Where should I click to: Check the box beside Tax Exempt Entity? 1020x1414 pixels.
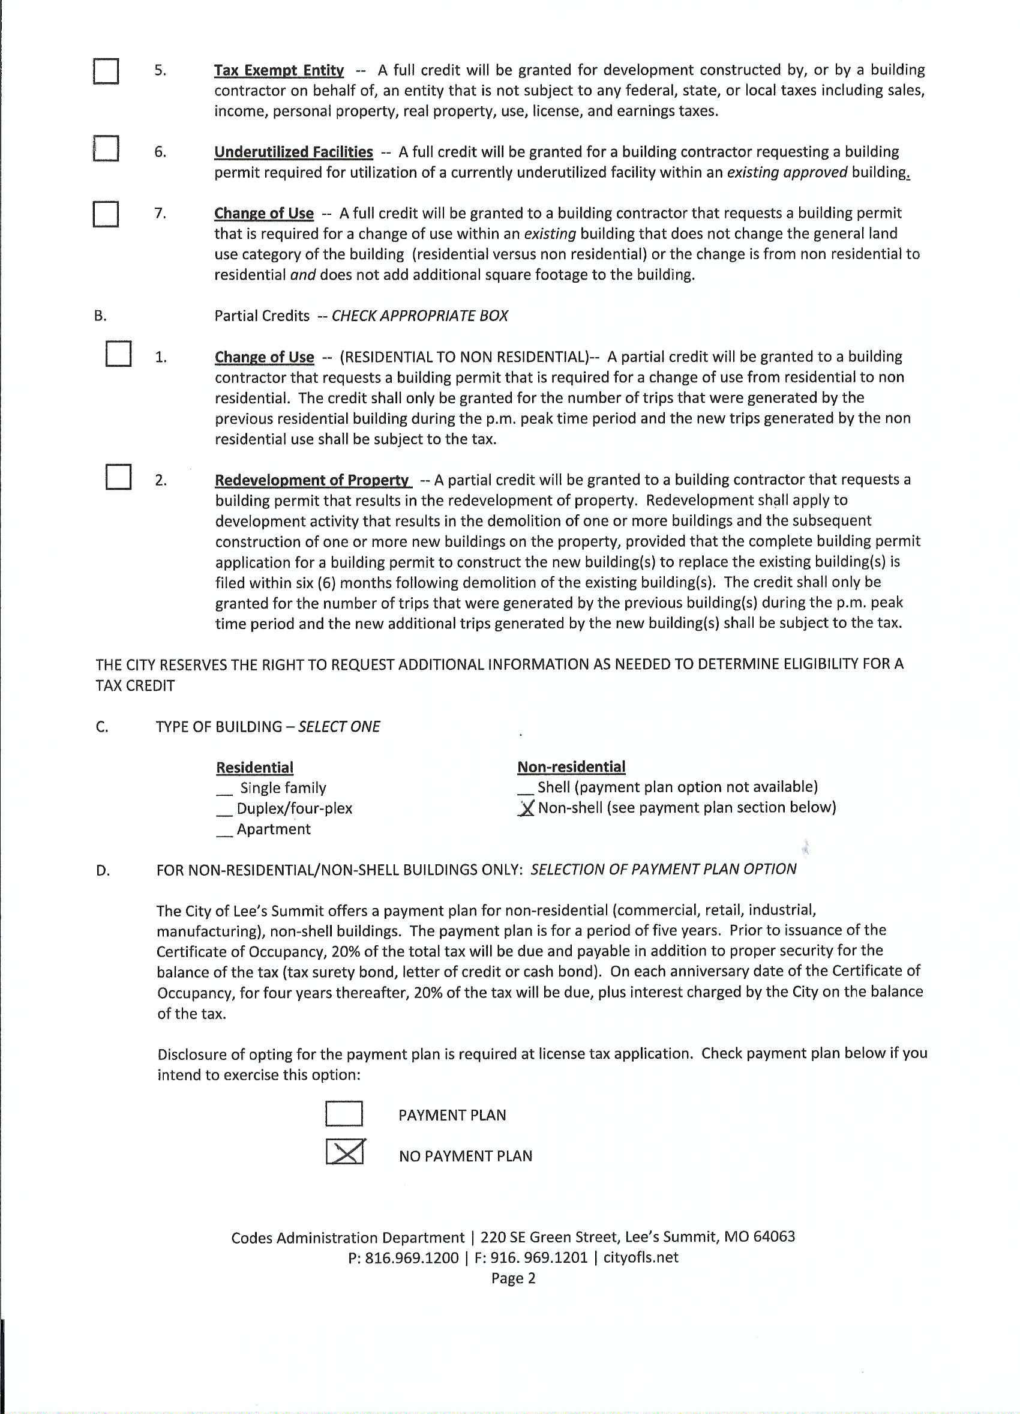click(x=106, y=71)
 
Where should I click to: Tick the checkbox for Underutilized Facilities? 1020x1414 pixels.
click(x=106, y=148)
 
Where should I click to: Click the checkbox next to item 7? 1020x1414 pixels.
click(x=106, y=214)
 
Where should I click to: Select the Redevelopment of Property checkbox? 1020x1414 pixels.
click(x=118, y=477)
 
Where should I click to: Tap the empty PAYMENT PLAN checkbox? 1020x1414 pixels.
click(x=344, y=1113)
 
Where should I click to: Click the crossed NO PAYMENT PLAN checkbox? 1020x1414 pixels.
click(x=344, y=1152)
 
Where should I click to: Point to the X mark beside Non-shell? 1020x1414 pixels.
click(x=527, y=808)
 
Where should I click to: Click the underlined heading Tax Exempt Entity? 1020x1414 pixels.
click(x=278, y=70)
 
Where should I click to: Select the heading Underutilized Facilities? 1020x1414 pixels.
click(x=293, y=152)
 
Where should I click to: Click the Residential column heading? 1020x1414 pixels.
click(x=254, y=768)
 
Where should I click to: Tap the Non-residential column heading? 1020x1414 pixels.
click(x=571, y=767)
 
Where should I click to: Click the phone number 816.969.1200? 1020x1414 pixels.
click(x=411, y=1258)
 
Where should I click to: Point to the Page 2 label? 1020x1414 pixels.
click(x=513, y=1279)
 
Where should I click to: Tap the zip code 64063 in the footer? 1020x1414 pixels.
click(x=774, y=1237)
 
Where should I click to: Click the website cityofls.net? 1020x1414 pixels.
click(x=641, y=1257)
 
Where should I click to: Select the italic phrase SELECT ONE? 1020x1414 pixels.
click(x=339, y=727)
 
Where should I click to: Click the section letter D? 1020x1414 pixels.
click(x=103, y=871)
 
